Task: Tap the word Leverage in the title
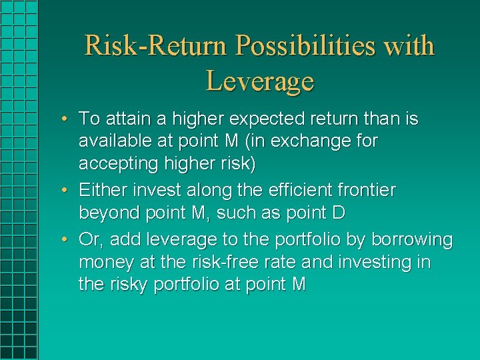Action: pos(260,82)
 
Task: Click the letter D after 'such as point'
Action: pos(337,213)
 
